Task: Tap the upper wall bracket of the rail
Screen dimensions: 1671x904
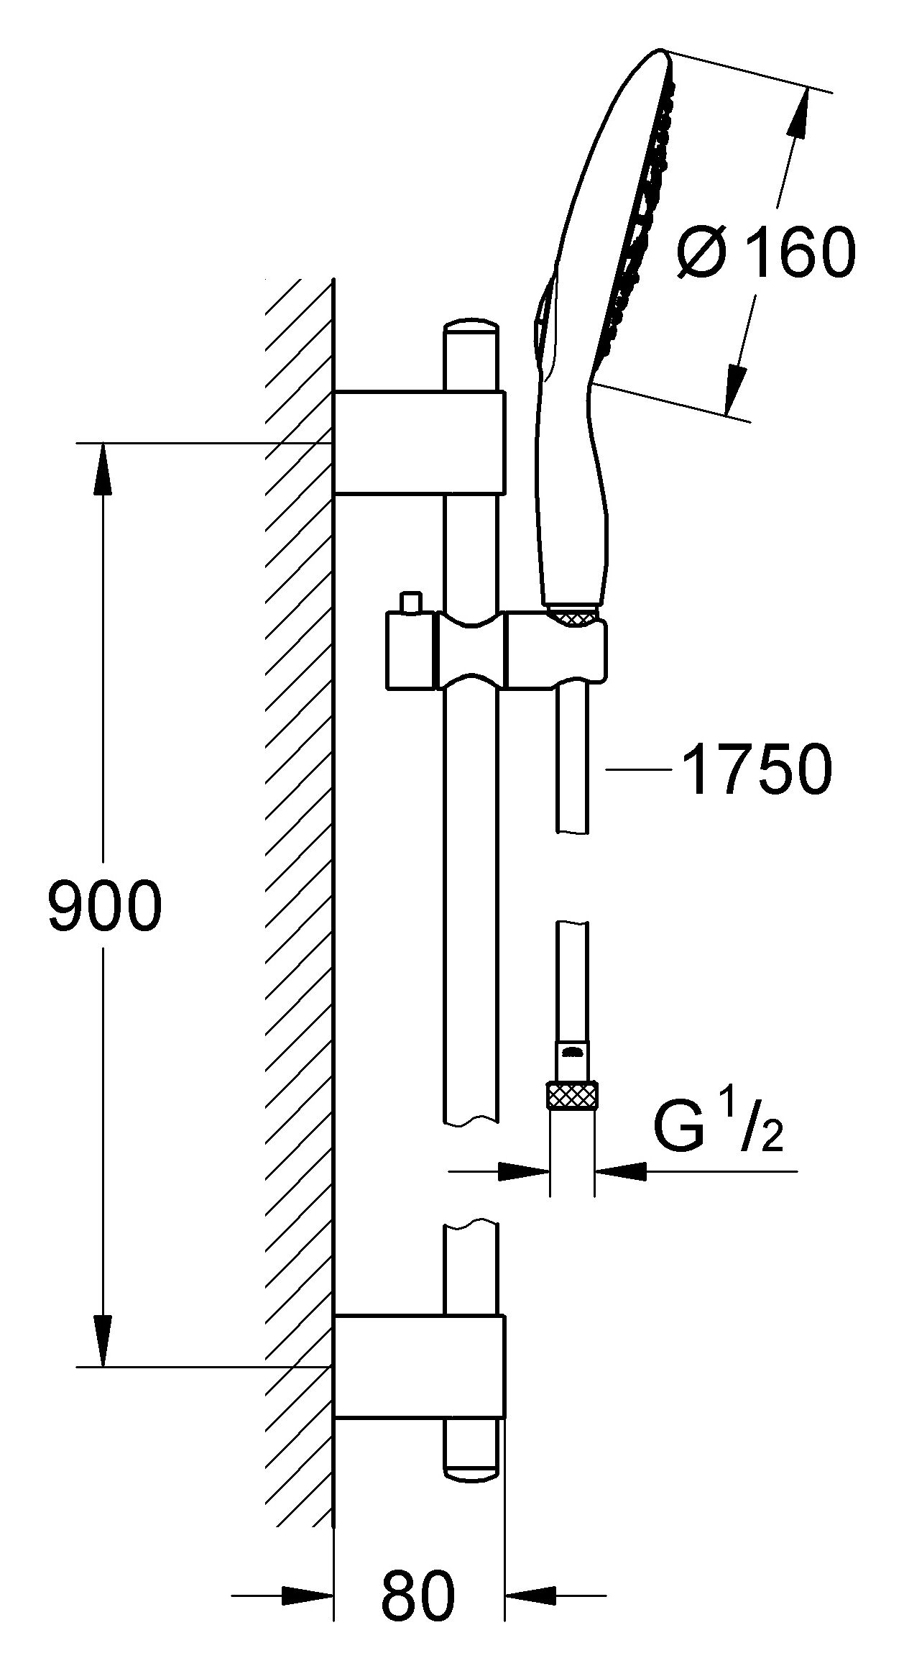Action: point(419,443)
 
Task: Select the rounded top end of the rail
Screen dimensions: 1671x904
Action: point(471,328)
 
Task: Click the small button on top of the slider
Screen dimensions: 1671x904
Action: point(411,602)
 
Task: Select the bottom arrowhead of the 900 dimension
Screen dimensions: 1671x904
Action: point(103,1339)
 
